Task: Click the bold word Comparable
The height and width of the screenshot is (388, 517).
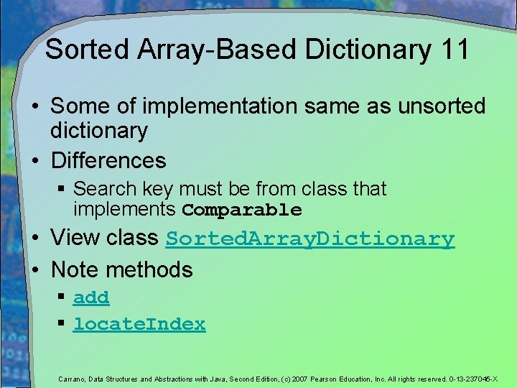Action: coord(242,211)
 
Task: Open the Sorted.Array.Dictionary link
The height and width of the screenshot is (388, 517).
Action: coord(310,239)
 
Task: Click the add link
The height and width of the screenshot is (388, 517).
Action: coord(91,297)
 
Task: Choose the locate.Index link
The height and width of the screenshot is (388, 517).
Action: coord(139,324)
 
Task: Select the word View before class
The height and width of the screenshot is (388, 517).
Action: coord(74,238)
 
